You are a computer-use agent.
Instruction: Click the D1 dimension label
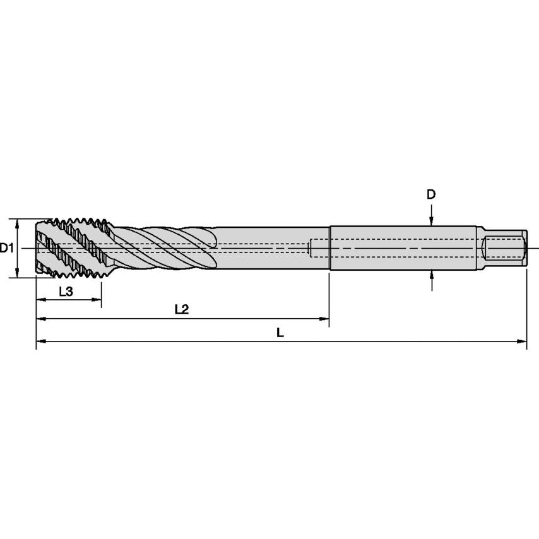(x=7, y=248)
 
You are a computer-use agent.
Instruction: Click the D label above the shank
(x=431, y=194)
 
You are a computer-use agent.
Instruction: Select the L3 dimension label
(x=66, y=292)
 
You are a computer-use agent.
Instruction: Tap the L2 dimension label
(x=182, y=310)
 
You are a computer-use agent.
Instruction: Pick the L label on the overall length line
(x=280, y=333)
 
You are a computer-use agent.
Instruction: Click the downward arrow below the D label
(x=431, y=220)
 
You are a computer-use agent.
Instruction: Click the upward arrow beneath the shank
(x=431, y=275)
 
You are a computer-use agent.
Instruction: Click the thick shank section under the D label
(x=404, y=248)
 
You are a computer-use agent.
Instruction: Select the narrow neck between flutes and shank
(x=271, y=248)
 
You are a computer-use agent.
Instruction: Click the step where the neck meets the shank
(x=330, y=248)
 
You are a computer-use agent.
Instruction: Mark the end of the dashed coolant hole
(x=311, y=248)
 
